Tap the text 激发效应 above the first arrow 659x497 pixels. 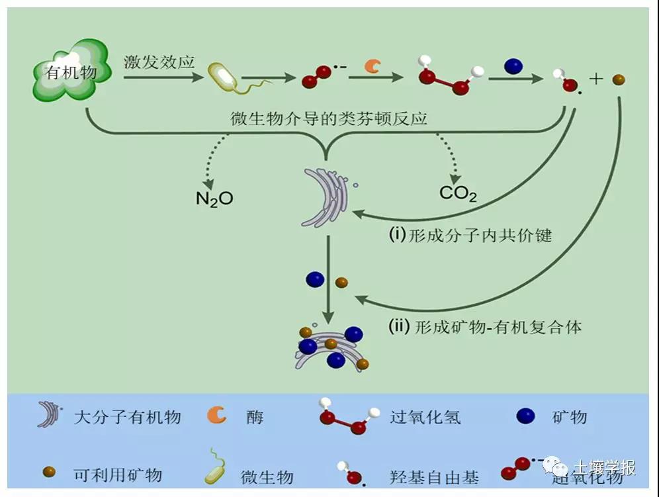pos(159,63)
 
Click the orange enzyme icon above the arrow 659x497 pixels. pos(373,66)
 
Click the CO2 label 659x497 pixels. pos(458,194)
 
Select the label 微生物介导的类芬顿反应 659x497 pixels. pos(328,120)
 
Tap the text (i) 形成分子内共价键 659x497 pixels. pos(470,236)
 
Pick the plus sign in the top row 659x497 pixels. pos(596,79)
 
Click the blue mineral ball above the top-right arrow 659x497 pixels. pos(513,66)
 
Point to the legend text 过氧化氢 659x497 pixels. pos(425,417)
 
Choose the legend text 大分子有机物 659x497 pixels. pos(128,417)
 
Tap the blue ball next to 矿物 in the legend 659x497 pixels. pos(526,416)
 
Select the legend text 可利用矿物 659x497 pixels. pos(118,474)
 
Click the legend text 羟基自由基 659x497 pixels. pos(434,476)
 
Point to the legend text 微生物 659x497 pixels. pos(267,476)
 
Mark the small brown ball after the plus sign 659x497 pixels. pos(619,80)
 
